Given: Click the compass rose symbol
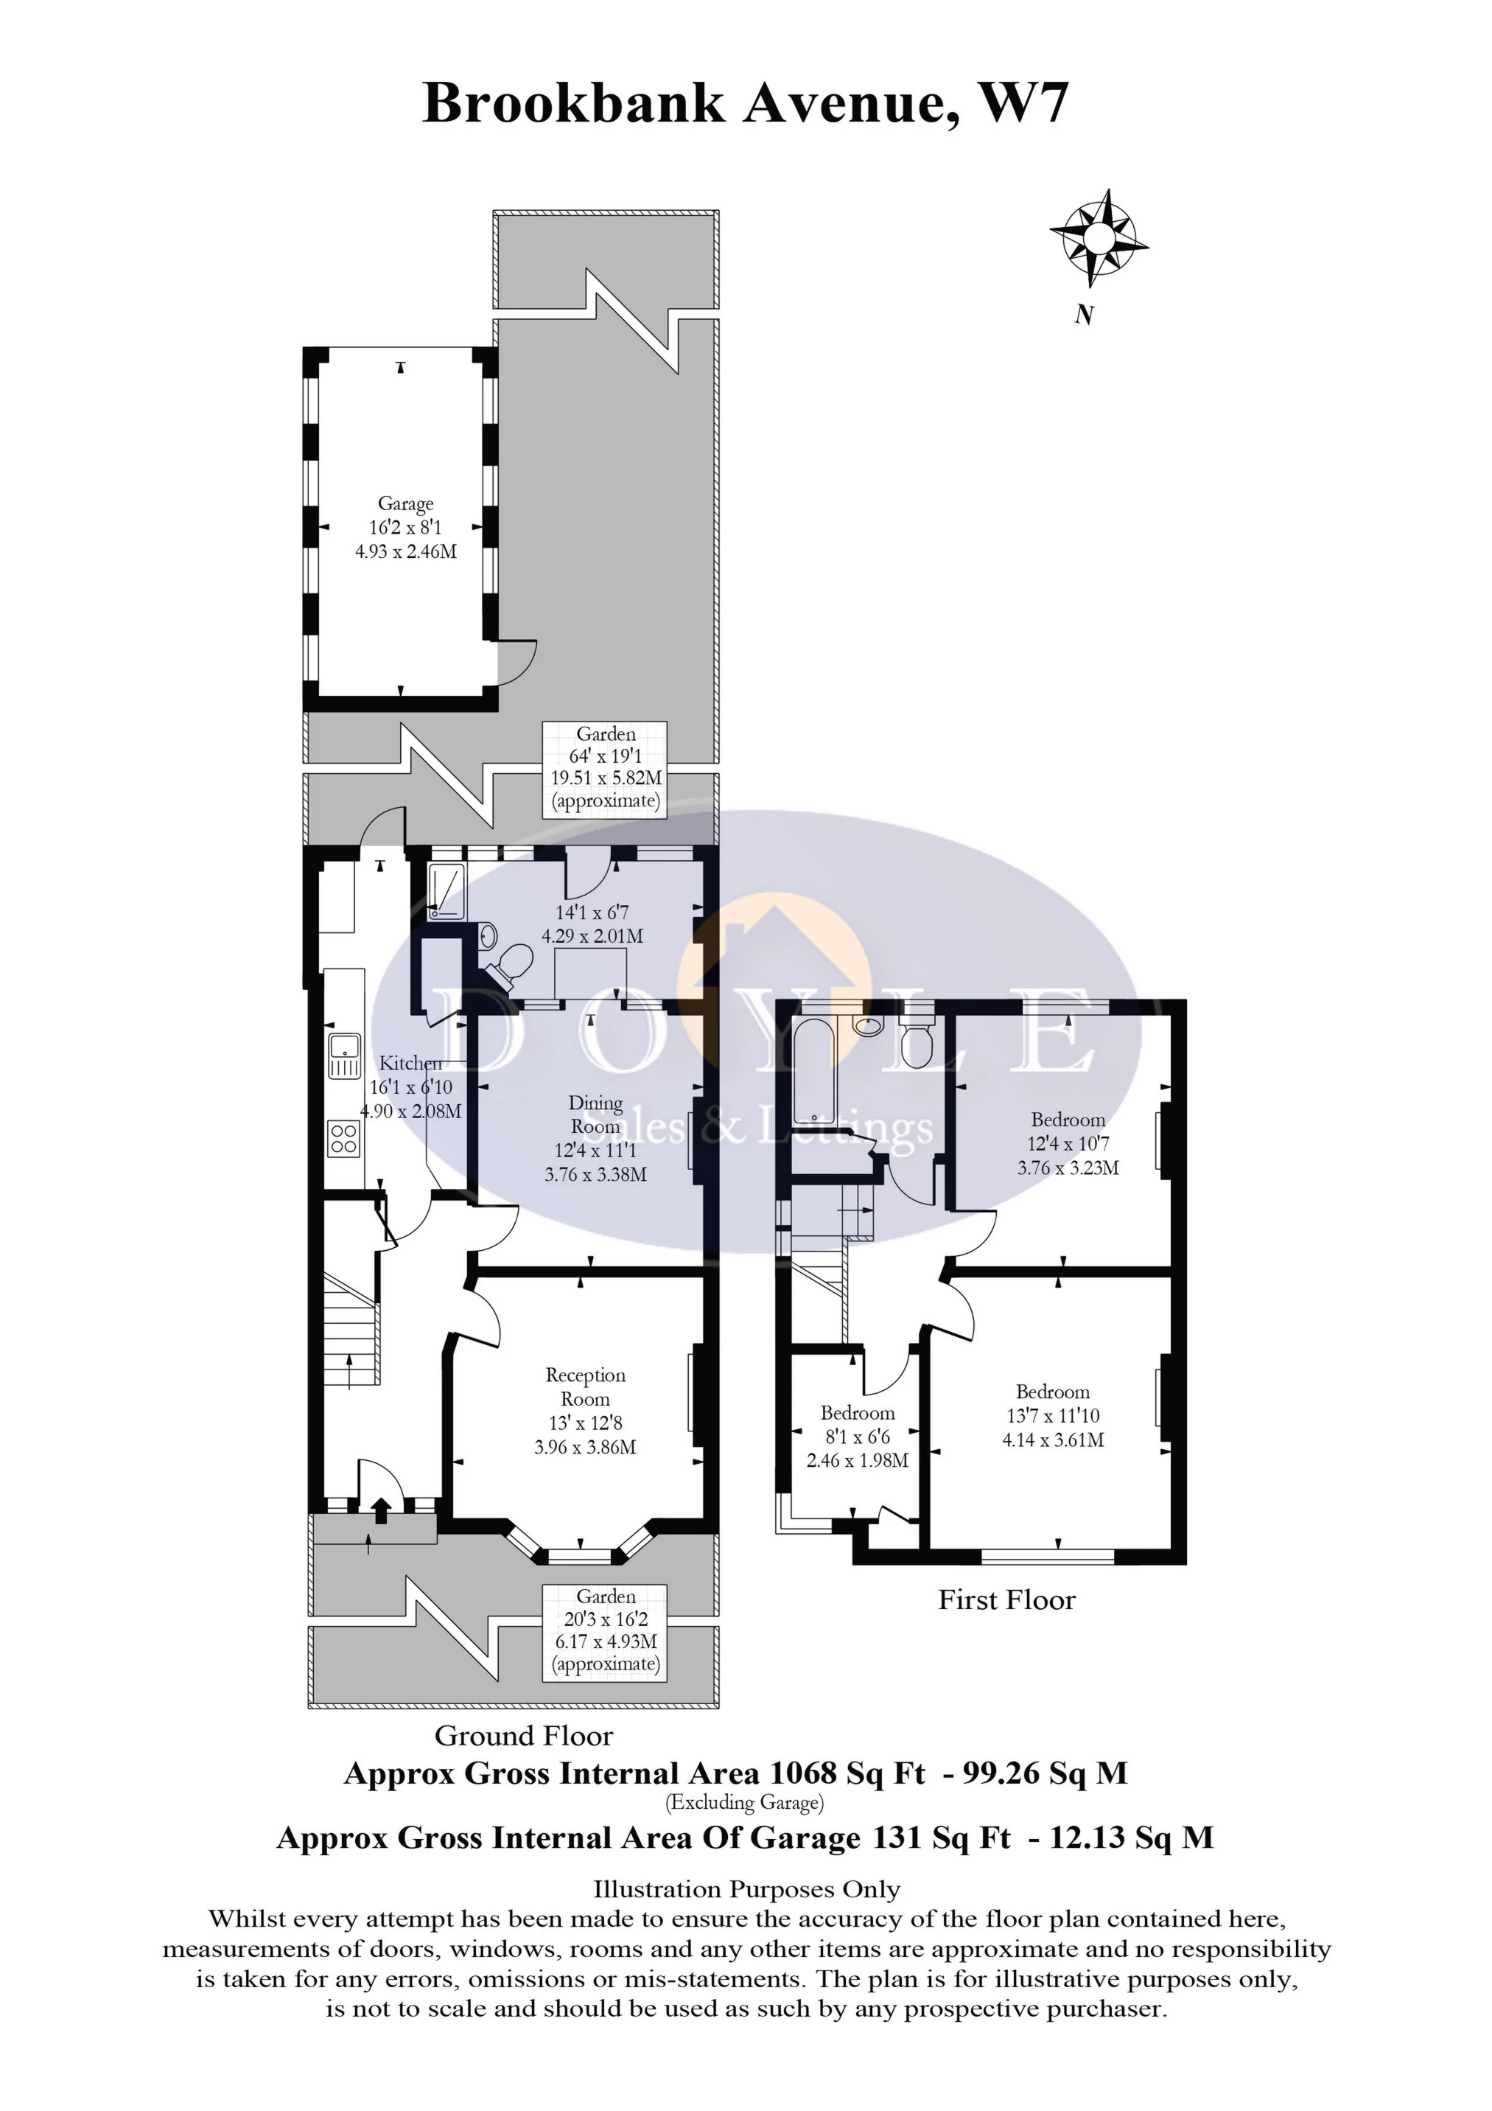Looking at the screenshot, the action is (x=1099, y=238).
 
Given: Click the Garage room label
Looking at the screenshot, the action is (x=405, y=504).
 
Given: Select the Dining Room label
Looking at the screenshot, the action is (x=596, y=1114).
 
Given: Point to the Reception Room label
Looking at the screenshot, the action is (x=586, y=1386).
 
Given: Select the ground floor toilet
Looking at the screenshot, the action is (x=508, y=966).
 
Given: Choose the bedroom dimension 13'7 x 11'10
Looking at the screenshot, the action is (x=1053, y=1416).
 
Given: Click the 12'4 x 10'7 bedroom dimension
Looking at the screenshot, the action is (x=1068, y=1144).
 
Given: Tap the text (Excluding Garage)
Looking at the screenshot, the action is (x=745, y=1802).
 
